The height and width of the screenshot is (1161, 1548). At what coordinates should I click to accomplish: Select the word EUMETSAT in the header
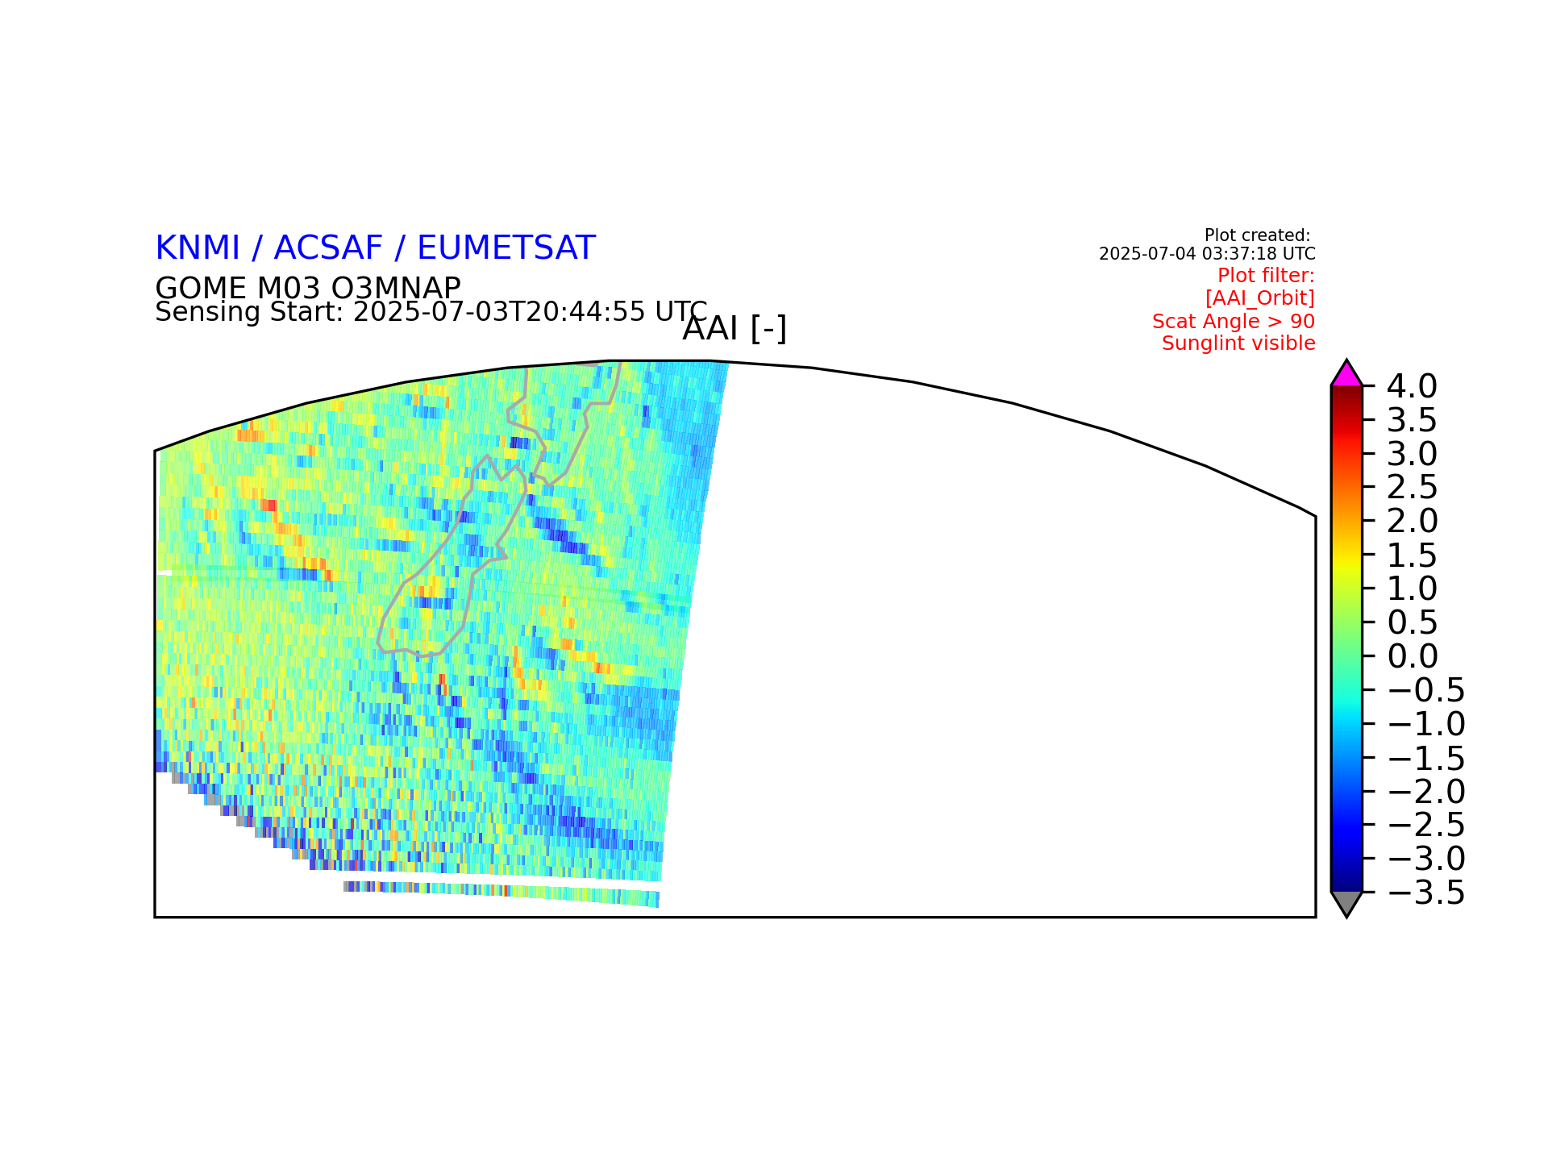pos(506,248)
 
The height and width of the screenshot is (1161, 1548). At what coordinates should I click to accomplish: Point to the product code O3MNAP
pos(396,289)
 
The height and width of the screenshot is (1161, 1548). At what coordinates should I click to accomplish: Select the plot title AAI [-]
pos(734,329)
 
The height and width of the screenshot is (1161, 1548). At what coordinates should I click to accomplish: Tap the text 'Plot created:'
pos(1258,235)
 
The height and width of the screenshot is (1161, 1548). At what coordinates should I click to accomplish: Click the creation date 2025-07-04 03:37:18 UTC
pos(1207,254)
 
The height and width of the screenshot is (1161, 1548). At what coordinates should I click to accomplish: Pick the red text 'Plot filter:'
pos(1266,276)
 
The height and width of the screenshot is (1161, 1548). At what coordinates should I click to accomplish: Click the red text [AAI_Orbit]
pos(1260,298)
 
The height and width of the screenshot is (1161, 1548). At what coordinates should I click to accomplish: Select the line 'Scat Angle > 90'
pos(1234,322)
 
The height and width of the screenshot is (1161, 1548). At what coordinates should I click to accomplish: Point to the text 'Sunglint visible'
pos(1238,343)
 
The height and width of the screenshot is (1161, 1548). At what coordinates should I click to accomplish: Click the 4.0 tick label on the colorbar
pos(1412,386)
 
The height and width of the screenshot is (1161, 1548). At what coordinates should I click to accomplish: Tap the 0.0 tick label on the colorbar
pos(1413,656)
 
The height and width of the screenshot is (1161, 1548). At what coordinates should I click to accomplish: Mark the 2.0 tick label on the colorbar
pos(1413,521)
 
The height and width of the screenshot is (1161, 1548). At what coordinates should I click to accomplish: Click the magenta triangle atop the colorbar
pos(1346,375)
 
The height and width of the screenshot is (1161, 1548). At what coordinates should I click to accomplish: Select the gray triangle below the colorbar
pos(1346,902)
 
